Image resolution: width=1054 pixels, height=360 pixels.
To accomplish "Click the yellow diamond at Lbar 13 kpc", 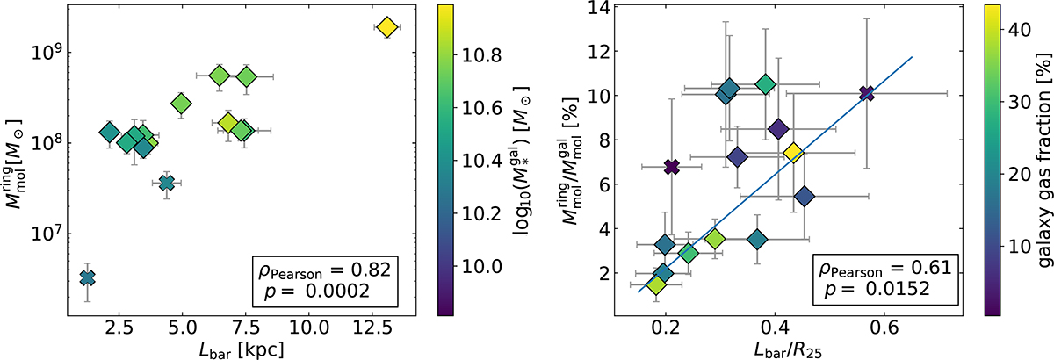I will [386, 28].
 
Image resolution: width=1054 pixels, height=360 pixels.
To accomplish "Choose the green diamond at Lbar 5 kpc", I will [181, 104].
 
